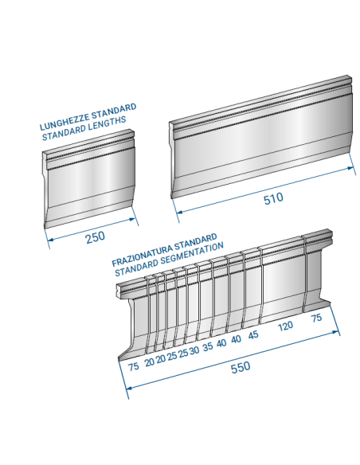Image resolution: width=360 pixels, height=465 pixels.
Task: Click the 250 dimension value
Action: point(96,237)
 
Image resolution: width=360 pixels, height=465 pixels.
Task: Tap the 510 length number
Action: point(273,198)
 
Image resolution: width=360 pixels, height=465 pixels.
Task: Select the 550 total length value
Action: point(241,367)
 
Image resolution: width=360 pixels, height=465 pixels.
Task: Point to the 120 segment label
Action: point(285,326)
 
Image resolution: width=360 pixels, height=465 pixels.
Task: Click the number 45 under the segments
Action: point(253,335)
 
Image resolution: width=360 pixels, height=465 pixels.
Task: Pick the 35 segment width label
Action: point(208,346)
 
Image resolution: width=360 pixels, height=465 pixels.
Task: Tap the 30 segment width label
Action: point(194,350)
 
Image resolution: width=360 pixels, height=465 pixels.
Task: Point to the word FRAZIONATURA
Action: point(142,255)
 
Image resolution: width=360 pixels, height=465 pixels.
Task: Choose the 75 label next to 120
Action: point(316,318)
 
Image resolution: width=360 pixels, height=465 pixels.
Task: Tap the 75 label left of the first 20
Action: point(134,366)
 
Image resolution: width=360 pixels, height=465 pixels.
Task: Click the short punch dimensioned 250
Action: point(89,179)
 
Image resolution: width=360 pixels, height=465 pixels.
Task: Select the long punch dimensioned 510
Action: point(261,137)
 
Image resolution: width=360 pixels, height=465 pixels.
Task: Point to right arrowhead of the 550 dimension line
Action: point(336,332)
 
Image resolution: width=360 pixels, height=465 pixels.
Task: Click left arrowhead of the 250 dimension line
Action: point(51,239)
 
